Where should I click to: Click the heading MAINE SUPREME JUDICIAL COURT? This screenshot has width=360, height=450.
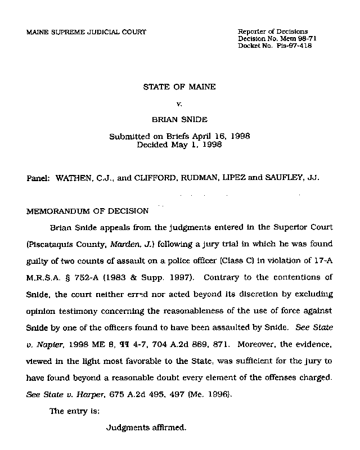(86, 32)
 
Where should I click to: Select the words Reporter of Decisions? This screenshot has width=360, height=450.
(273, 31)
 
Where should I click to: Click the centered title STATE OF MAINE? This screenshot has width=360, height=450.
(179, 88)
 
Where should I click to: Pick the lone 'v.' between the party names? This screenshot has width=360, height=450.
(179, 104)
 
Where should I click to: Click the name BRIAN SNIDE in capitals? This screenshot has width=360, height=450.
(179, 120)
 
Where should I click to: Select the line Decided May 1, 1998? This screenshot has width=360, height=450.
(179, 145)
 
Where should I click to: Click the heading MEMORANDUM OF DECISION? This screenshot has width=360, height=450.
(88, 211)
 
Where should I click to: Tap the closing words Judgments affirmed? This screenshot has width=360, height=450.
(146, 427)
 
